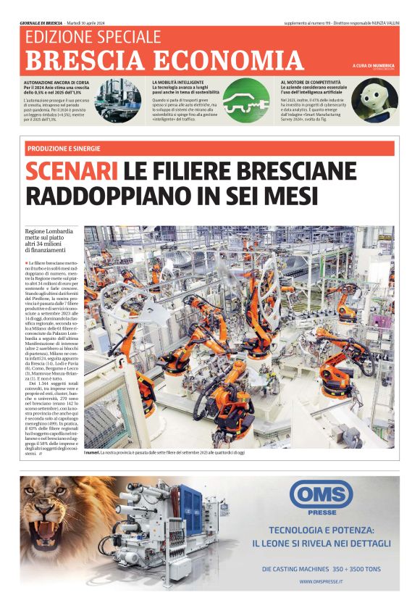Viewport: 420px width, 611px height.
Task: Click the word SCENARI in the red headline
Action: click(x=72, y=172)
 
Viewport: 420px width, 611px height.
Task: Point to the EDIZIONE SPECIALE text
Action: click(x=93, y=37)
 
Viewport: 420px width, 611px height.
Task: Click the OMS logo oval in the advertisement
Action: click(x=321, y=494)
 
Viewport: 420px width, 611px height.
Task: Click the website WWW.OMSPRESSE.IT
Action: click(x=321, y=581)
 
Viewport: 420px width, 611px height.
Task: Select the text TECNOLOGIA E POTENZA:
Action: click(x=321, y=529)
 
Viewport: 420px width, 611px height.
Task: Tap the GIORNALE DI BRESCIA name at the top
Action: click(x=41, y=22)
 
